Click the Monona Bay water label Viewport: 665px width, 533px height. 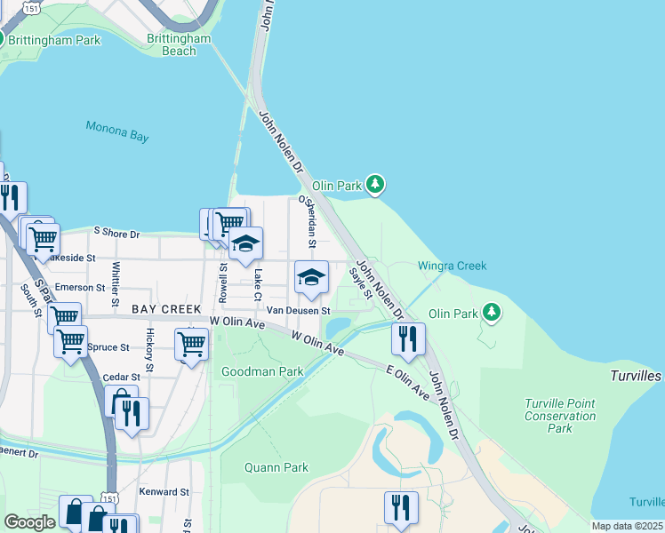point(117,131)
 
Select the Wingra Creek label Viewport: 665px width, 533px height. point(453,266)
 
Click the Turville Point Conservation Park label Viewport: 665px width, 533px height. point(560,416)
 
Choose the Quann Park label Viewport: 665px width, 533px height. point(276,467)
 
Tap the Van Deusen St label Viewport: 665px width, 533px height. point(300,311)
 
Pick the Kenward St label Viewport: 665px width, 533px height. point(164,491)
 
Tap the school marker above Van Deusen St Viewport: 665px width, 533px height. point(311,277)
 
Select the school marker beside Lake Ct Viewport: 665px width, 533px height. point(245,243)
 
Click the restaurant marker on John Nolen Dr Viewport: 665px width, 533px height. point(408,338)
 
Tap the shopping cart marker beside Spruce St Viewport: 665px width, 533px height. point(70,340)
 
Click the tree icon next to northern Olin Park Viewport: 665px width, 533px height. point(376,184)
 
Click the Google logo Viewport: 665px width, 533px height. point(29,522)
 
